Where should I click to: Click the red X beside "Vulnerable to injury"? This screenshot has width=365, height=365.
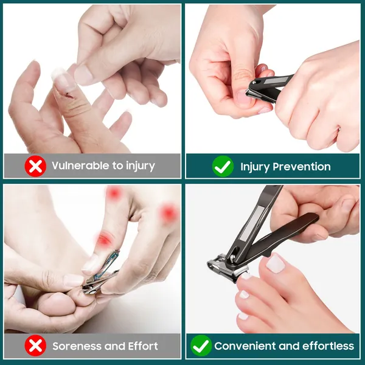click(x=35, y=166)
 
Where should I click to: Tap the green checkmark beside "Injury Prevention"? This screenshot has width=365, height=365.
click(x=223, y=166)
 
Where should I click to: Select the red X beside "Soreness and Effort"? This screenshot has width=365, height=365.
click(x=35, y=346)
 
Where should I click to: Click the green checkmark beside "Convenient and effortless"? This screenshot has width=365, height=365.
click(x=201, y=346)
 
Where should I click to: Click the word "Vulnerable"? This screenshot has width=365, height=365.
click(x=80, y=165)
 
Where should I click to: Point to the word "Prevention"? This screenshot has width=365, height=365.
click(x=302, y=167)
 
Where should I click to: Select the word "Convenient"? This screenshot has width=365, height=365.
click(x=245, y=346)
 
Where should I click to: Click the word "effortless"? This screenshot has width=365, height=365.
click(x=328, y=346)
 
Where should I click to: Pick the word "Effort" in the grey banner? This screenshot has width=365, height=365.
click(x=143, y=346)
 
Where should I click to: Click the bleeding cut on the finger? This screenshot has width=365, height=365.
click(x=69, y=95)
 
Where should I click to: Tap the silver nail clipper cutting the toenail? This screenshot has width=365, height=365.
click(x=100, y=273)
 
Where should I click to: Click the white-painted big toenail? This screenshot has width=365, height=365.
click(x=276, y=263)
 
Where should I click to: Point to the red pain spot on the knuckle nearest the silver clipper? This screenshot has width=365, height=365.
click(x=103, y=240)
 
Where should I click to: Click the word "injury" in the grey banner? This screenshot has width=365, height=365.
click(x=141, y=166)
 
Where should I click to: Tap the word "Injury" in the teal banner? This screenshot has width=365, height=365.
click(x=255, y=167)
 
